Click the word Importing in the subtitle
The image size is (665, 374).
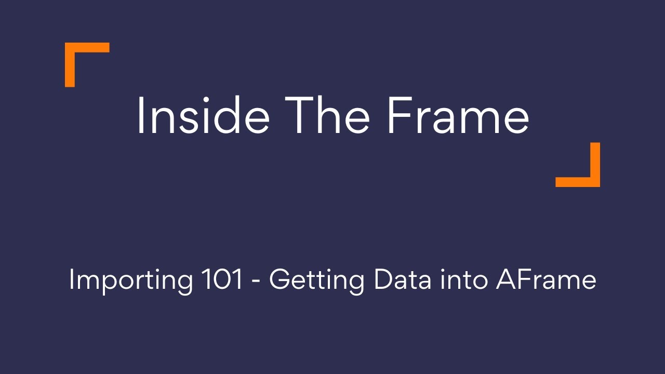pos(130,281)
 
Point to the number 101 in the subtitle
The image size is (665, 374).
pos(221,280)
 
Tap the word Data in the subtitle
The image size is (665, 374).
pos(403,280)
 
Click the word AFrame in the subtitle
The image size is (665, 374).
pos(546,280)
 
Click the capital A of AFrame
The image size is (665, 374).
pos(507,280)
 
